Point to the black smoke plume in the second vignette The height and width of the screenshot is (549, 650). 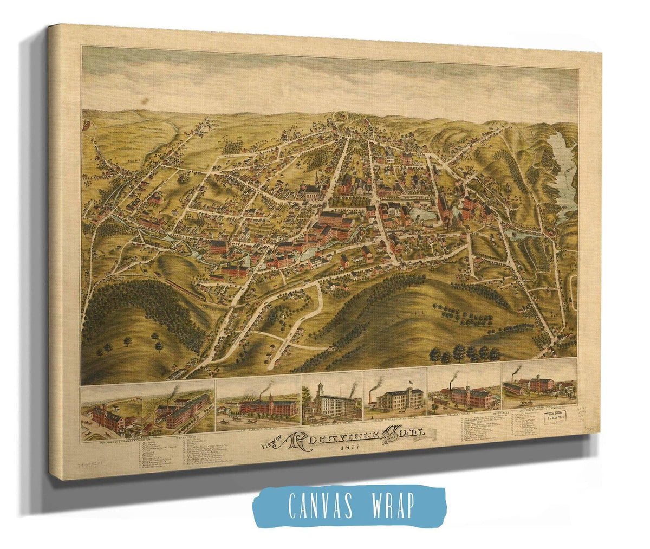click(265, 389)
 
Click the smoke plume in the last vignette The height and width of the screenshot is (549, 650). click(517, 371)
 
